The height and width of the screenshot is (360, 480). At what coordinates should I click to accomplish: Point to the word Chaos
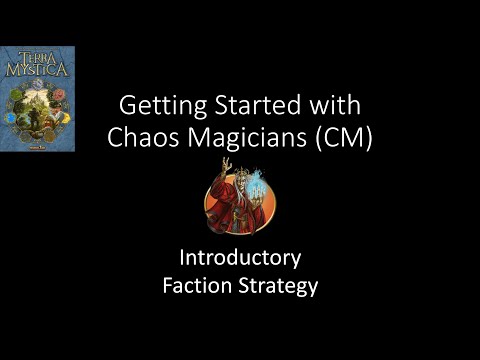[147, 139]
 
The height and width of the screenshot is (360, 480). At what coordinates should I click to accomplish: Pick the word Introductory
[240, 259]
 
